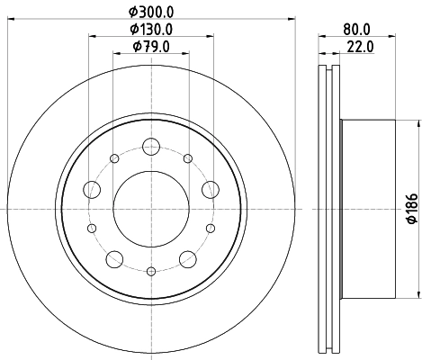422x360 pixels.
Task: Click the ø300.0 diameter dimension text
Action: pyautogui.click(x=151, y=13)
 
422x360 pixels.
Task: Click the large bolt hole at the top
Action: pyautogui.click(x=150, y=144)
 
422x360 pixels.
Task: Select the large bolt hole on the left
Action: pyautogui.click(x=91, y=189)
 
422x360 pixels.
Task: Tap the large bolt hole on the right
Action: pyautogui.click(x=211, y=188)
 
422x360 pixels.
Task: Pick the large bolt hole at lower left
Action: pyautogui.click(x=113, y=259)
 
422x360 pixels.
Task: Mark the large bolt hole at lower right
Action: pyautogui.click(x=188, y=259)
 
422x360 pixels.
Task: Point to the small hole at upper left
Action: pyautogui.click(x=114, y=159)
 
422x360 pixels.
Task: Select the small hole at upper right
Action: pyautogui.click(x=187, y=159)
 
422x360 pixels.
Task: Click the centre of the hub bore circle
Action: pyautogui.click(x=150, y=208)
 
